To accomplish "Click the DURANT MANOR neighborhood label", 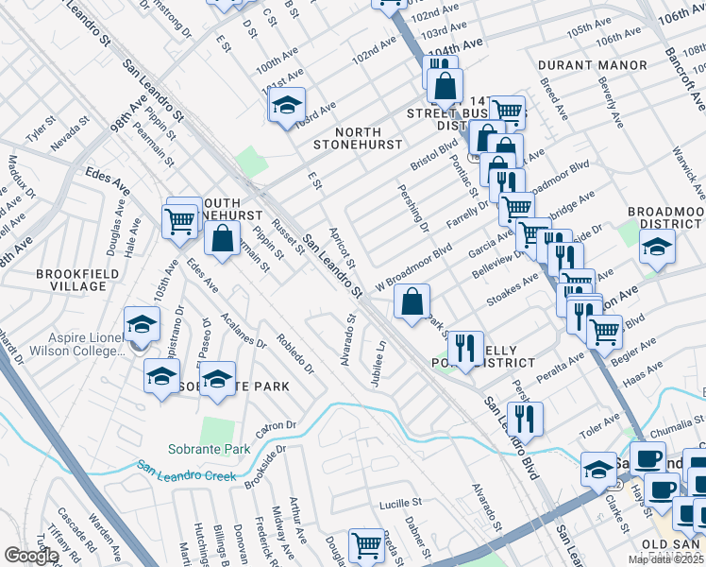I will (x=593, y=65).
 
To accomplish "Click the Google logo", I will (x=32, y=555).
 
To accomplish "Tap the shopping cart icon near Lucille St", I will (x=366, y=544).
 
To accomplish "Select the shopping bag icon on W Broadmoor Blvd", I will (x=412, y=302).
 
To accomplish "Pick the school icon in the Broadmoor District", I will (x=657, y=248).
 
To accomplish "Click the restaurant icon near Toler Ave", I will (x=525, y=417).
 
